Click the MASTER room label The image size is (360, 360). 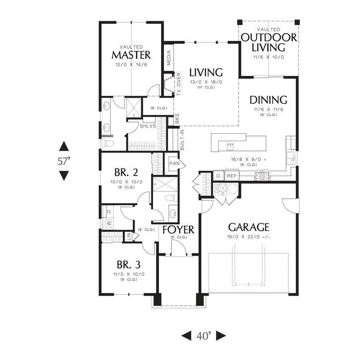pos(131,55)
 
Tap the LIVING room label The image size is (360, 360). pos(206,72)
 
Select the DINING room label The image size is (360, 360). pos(268,100)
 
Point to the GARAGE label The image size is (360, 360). pos(248,227)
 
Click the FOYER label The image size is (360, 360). pos(179,229)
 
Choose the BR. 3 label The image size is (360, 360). pos(129,265)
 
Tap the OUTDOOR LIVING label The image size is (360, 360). pos(269,42)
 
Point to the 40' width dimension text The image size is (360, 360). pos(203,336)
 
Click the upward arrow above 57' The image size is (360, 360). pos(64,146)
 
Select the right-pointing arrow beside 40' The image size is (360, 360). pos(221,336)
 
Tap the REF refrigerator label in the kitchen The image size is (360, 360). pos(232,176)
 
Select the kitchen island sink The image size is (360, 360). pos(230,145)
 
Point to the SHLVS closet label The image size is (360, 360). pos(147,126)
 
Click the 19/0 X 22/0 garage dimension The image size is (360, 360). pos(248,237)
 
